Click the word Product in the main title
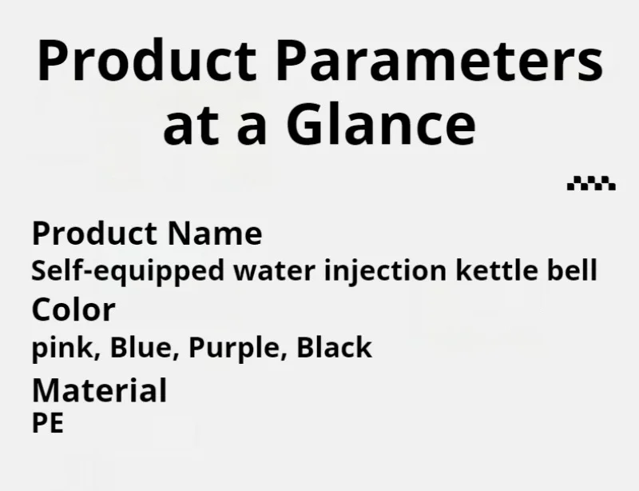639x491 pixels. pyautogui.click(x=147, y=61)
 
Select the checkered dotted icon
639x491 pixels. pyautogui.click(x=591, y=183)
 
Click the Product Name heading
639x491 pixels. pyautogui.click(x=147, y=234)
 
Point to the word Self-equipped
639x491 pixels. pyautogui.click(x=128, y=271)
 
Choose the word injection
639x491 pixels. pyautogui.click(x=386, y=271)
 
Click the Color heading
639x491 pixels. pyautogui.click(x=73, y=309)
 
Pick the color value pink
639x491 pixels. pyautogui.click(x=66, y=348)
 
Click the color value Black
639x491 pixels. pyautogui.click(x=334, y=347)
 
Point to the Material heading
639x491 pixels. pyautogui.click(x=99, y=390)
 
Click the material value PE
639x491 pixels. pyautogui.click(x=48, y=423)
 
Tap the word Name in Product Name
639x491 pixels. pyautogui.click(x=215, y=234)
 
